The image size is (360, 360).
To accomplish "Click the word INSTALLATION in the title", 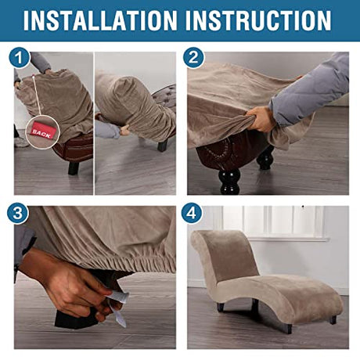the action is (100, 20).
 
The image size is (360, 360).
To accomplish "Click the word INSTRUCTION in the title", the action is (258, 20).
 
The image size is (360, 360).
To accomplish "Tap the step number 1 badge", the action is (19, 58).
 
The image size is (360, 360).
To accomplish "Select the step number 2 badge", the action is (193, 57).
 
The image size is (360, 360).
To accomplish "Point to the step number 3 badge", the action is (18, 213).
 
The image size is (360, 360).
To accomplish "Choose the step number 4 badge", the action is (192, 213).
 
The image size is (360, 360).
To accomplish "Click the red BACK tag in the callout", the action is (41, 132).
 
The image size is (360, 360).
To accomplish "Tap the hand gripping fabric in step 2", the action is (261, 119).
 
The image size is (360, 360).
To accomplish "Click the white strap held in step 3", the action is (117, 308).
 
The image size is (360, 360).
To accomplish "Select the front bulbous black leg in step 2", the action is (230, 182).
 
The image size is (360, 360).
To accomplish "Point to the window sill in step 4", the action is (288, 239).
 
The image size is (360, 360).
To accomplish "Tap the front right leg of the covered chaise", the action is (289, 328).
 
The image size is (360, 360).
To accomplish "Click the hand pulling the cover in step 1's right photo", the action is (125, 130).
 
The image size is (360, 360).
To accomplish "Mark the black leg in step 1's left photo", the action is (74, 168).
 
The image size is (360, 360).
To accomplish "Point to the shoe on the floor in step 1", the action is (21, 142).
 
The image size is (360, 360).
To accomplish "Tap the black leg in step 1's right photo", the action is (162, 146).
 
